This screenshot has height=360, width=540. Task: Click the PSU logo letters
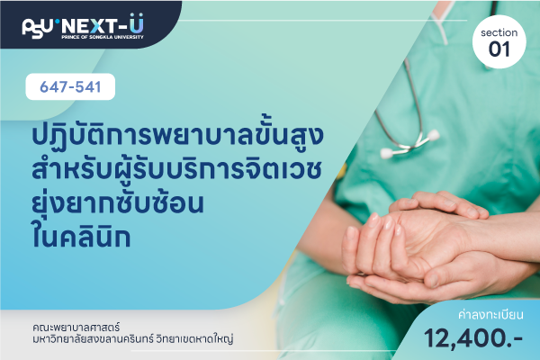(38, 28)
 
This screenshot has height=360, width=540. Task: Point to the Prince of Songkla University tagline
(103, 37)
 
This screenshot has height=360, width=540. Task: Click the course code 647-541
(70, 86)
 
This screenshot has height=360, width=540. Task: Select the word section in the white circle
(499, 32)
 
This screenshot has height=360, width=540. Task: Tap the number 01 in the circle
(499, 49)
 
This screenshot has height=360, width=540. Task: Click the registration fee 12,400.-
(473, 338)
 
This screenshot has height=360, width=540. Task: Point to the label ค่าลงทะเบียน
(490, 314)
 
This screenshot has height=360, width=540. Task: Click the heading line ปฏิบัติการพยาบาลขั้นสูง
(177, 134)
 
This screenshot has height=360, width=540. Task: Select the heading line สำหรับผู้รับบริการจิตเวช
(176, 169)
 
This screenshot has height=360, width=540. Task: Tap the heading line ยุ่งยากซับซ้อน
(117, 203)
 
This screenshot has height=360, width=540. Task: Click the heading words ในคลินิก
(81, 236)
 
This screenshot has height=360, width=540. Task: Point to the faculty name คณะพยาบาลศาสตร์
(76, 328)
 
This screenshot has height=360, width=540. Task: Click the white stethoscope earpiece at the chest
(388, 153)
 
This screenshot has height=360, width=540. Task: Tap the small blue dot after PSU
(58, 22)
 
